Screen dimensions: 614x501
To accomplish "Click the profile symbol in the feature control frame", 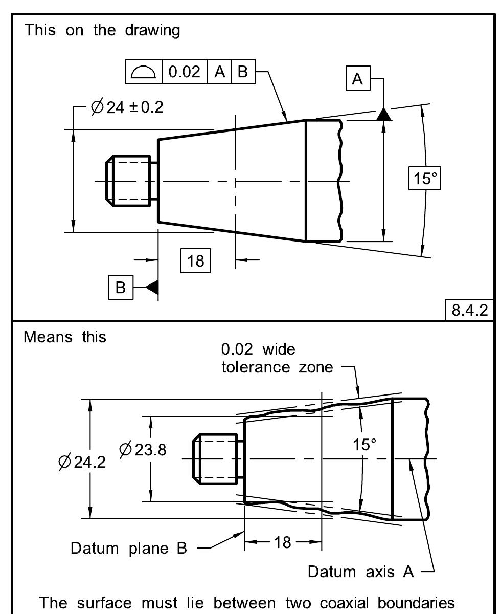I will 143,72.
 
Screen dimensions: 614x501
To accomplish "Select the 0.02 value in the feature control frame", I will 185,72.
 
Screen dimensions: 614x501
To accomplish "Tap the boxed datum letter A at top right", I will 358,79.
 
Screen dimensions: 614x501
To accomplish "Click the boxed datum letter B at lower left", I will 120,288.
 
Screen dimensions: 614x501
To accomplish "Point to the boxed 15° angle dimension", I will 424,179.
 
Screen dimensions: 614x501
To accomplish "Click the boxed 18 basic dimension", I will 195,261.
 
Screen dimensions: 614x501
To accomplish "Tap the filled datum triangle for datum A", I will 384,114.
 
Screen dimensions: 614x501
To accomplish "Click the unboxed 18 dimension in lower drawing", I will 283,542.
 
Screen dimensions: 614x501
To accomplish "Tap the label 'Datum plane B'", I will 129,548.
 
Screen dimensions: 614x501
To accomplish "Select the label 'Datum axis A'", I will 360,571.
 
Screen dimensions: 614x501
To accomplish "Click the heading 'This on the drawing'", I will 102,30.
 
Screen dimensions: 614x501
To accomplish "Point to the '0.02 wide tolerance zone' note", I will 276,359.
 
